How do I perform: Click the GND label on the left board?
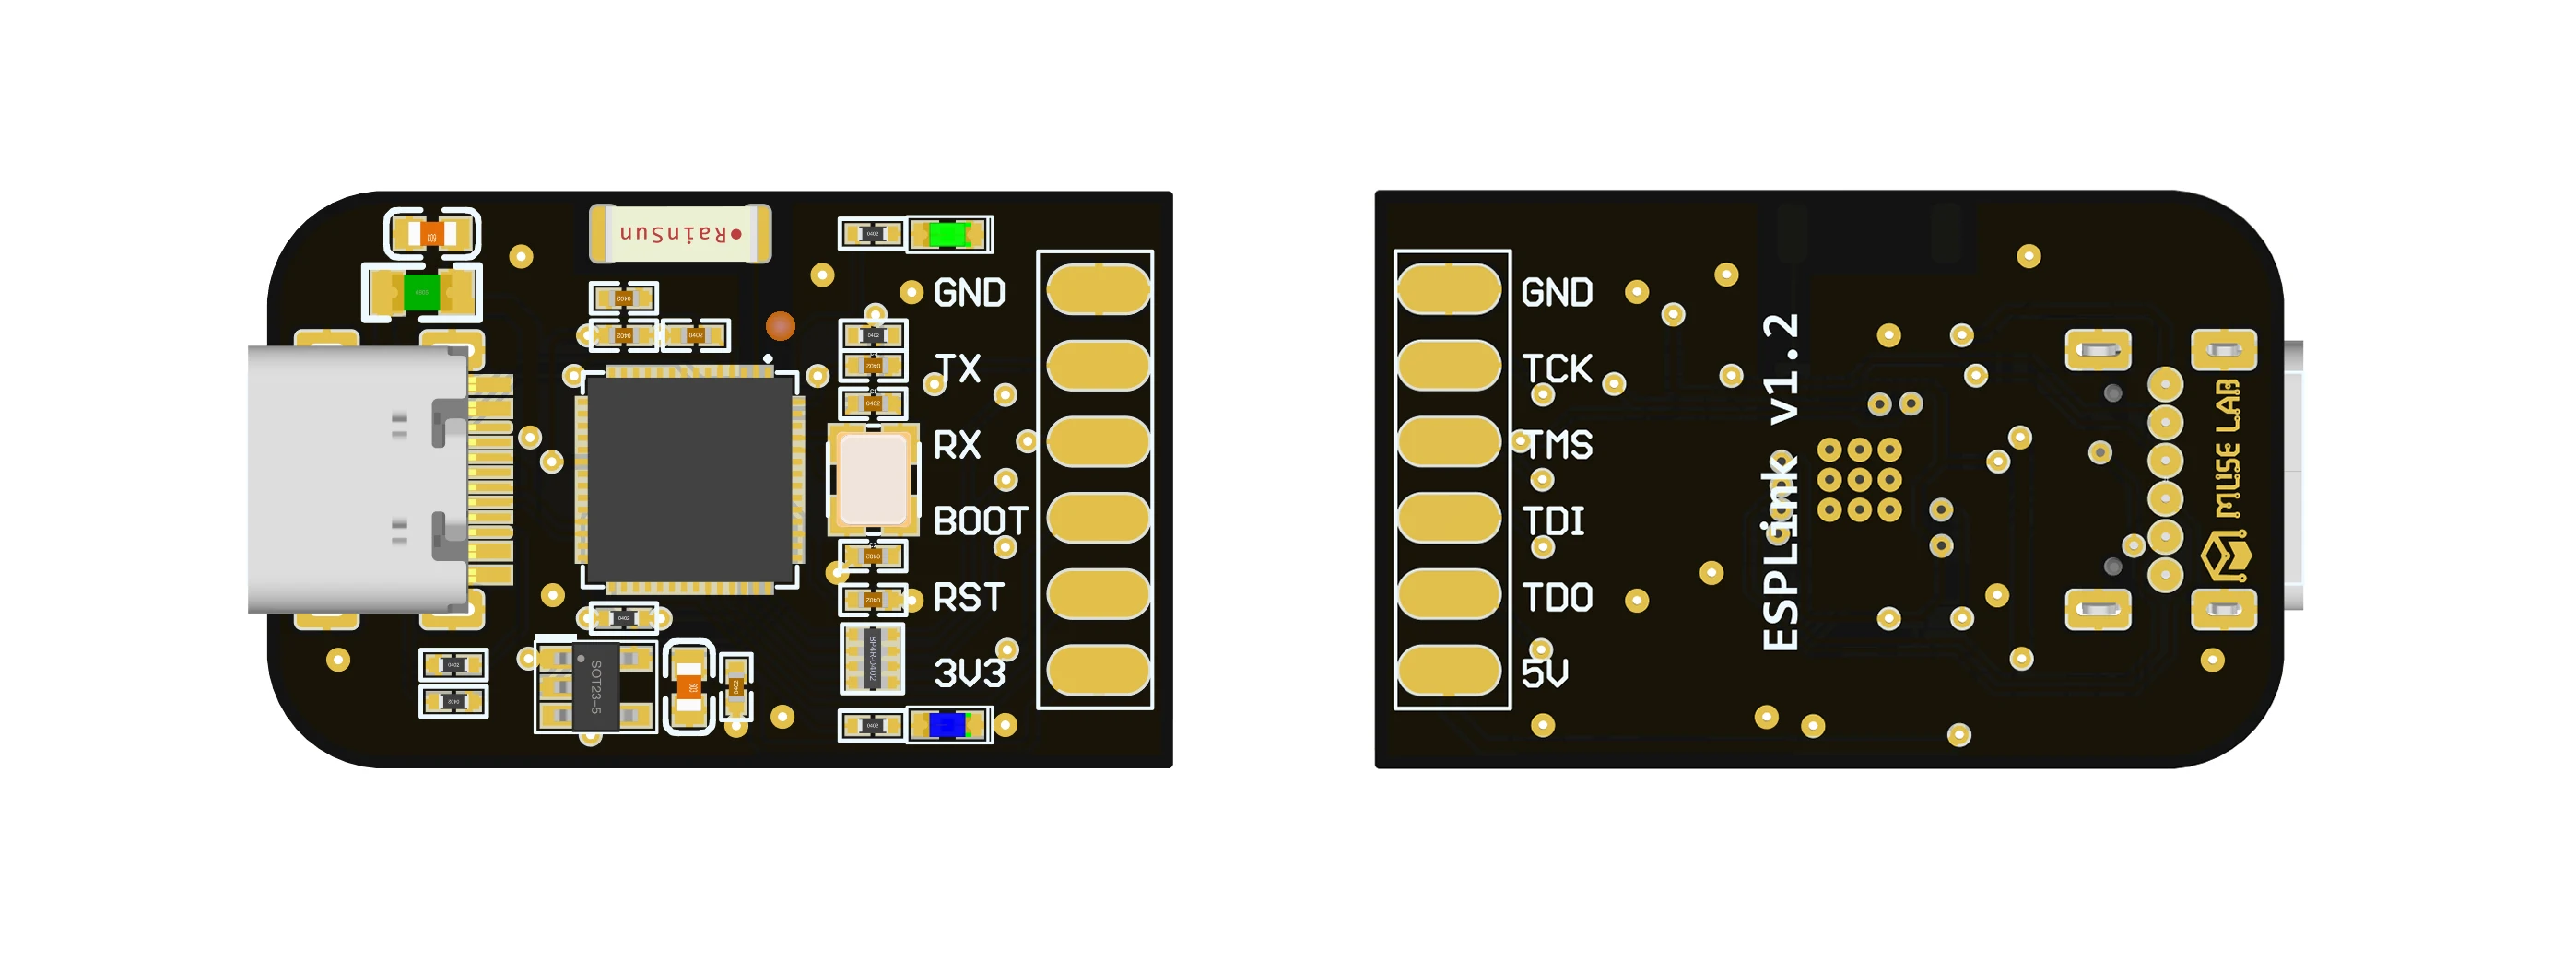[x=969, y=293]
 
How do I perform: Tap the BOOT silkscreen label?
[x=980, y=521]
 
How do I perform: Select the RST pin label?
[x=968, y=597]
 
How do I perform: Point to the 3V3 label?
[x=969, y=673]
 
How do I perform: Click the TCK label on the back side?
[x=1557, y=369]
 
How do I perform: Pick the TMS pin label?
[x=1559, y=446]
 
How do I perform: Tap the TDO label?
[x=1558, y=597]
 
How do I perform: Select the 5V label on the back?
[x=1545, y=673]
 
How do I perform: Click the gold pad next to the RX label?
[x=1098, y=442]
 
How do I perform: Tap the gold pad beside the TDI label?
[x=1449, y=518]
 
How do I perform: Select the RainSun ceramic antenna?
[x=679, y=234]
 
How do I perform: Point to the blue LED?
[x=947, y=725]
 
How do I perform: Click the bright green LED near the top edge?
[x=948, y=235]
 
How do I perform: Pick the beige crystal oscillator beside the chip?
[x=872, y=479]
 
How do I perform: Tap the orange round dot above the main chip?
[x=781, y=326]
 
